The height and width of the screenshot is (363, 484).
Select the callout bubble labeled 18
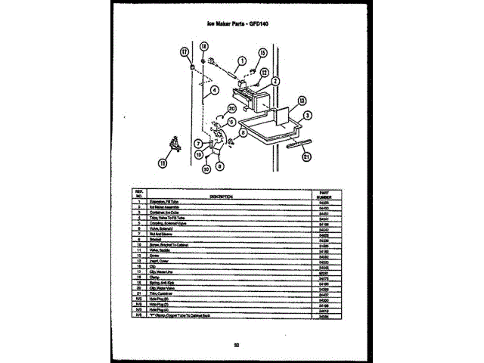(x=204, y=46)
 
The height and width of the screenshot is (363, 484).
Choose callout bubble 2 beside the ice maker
(x=275, y=81)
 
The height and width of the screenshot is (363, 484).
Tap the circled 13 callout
(x=301, y=99)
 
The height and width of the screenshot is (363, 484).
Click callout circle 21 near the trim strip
(x=306, y=157)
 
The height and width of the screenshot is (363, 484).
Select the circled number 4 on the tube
(x=215, y=89)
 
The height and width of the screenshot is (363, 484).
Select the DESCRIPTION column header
(x=221, y=196)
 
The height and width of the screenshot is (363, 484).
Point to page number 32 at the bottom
(x=237, y=346)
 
